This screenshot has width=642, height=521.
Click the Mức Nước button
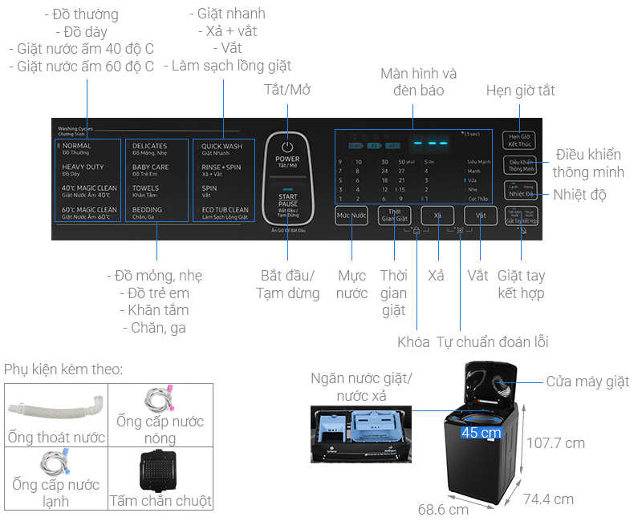click(351, 216)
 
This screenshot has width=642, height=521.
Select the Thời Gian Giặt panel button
click(394, 216)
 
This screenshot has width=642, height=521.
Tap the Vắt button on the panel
click(480, 216)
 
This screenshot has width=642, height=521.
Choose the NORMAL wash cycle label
click(77, 149)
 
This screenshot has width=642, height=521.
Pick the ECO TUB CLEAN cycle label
click(225, 212)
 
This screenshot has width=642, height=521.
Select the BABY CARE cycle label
click(151, 170)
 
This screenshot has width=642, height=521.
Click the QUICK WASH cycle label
click(222, 149)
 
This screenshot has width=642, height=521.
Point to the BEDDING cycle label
click(148, 212)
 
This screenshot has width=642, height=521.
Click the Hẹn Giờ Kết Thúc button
click(518, 139)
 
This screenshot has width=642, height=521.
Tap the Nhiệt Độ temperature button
click(519, 191)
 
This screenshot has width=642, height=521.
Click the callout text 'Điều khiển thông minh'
click(588, 163)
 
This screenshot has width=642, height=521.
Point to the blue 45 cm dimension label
click(481, 433)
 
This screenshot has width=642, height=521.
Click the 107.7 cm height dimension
click(555, 442)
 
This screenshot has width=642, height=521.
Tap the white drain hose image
click(55, 407)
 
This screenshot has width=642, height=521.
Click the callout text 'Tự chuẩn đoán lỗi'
click(492, 342)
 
